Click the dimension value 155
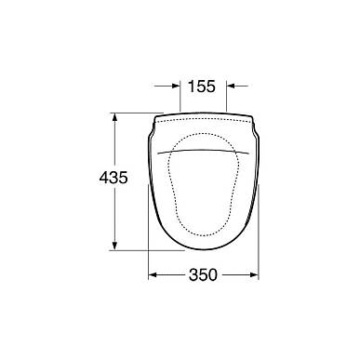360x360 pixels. click(x=202, y=87)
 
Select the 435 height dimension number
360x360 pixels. click(x=113, y=178)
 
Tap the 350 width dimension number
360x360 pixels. click(x=203, y=274)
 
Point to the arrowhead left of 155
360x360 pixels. click(x=176, y=86)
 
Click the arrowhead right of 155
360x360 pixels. click(x=231, y=86)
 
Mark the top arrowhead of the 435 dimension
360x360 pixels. click(x=114, y=117)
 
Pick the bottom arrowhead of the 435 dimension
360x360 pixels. click(x=114, y=246)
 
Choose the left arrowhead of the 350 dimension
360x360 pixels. click(x=153, y=274)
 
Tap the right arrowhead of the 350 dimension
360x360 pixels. click(x=254, y=274)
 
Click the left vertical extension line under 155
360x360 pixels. click(x=180, y=97)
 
